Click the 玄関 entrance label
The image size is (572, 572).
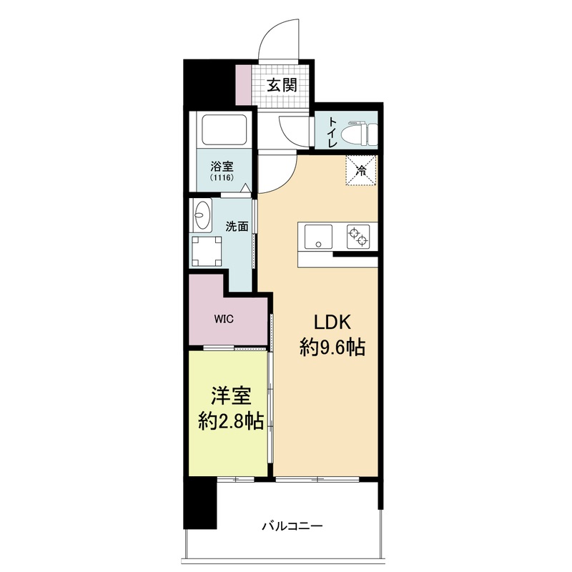[x=282, y=86]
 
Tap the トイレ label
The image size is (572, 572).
[x=333, y=133]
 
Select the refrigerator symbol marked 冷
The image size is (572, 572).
[x=361, y=171]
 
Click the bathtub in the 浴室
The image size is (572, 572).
[x=224, y=131]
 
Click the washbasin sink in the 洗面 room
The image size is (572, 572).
[x=202, y=212]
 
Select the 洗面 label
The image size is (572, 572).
[x=237, y=227]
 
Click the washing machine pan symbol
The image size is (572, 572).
[x=208, y=250]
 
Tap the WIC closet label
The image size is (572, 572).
[x=222, y=319]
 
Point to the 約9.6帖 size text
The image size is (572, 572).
[x=332, y=348]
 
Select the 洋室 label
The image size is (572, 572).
[x=229, y=397]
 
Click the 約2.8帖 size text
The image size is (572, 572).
[x=229, y=422]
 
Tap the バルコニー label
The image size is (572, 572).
[x=292, y=526]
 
